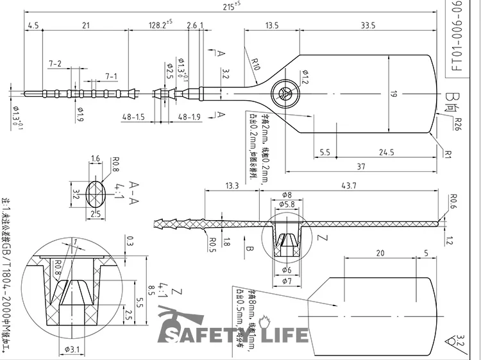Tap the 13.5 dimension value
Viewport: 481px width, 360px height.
coord(272,26)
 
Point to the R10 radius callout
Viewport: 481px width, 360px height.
coord(255,64)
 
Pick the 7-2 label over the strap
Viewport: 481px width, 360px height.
coord(55,64)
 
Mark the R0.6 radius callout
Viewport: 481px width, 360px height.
coord(453,198)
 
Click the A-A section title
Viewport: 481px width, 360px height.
coord(135,188)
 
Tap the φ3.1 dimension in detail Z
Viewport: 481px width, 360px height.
coord(72,349)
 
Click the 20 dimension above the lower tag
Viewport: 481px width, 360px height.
coord(380,253)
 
